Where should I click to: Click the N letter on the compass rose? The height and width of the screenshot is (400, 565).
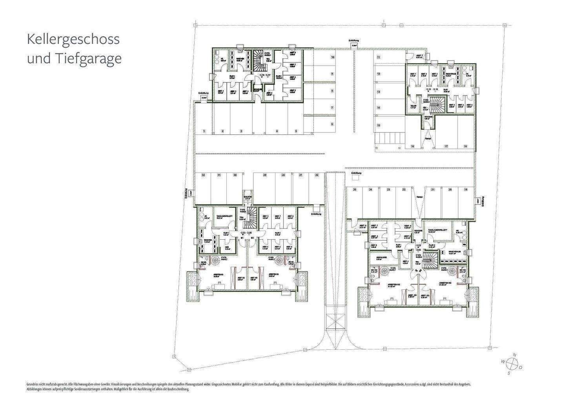[x=515, y=355]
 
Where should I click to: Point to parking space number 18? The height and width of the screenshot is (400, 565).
[x=465, y=146]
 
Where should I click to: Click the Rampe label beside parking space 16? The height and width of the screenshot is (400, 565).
[x=428, y=138]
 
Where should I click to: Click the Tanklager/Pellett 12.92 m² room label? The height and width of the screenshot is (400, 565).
[x=435, y=231]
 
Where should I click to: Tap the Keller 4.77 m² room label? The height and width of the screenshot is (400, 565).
[x=413, y=106]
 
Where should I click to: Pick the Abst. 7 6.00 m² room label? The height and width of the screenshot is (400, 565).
[x=419, y=57]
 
